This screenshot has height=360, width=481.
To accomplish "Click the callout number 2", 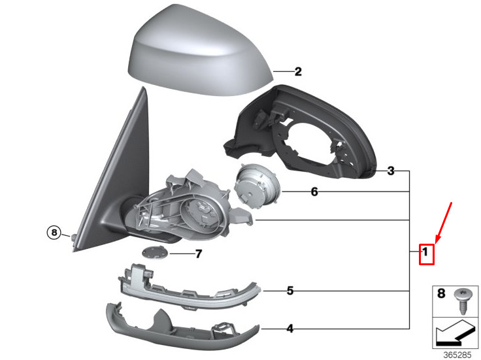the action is point(298,72).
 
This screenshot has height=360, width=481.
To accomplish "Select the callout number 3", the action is point(391,171).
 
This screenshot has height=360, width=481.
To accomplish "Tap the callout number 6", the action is point(314,192).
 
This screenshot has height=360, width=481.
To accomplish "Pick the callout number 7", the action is point(199,254).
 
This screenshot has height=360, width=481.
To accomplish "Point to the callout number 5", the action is point(290,291).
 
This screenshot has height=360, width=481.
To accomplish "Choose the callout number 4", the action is point(290,329).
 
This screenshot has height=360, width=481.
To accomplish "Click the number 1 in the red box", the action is point(425,252).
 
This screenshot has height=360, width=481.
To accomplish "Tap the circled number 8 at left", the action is point(54,233).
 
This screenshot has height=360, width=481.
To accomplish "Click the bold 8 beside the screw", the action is point(441,293).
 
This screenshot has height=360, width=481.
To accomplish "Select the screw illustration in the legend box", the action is point(461,301).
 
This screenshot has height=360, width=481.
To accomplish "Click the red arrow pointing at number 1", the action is point(443,223).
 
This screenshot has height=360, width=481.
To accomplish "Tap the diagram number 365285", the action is point(457,355).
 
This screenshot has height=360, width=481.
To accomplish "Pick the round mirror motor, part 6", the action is point(257,186).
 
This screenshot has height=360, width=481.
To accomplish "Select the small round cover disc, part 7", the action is point(156,252).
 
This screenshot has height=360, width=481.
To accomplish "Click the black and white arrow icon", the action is point(456,332).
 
